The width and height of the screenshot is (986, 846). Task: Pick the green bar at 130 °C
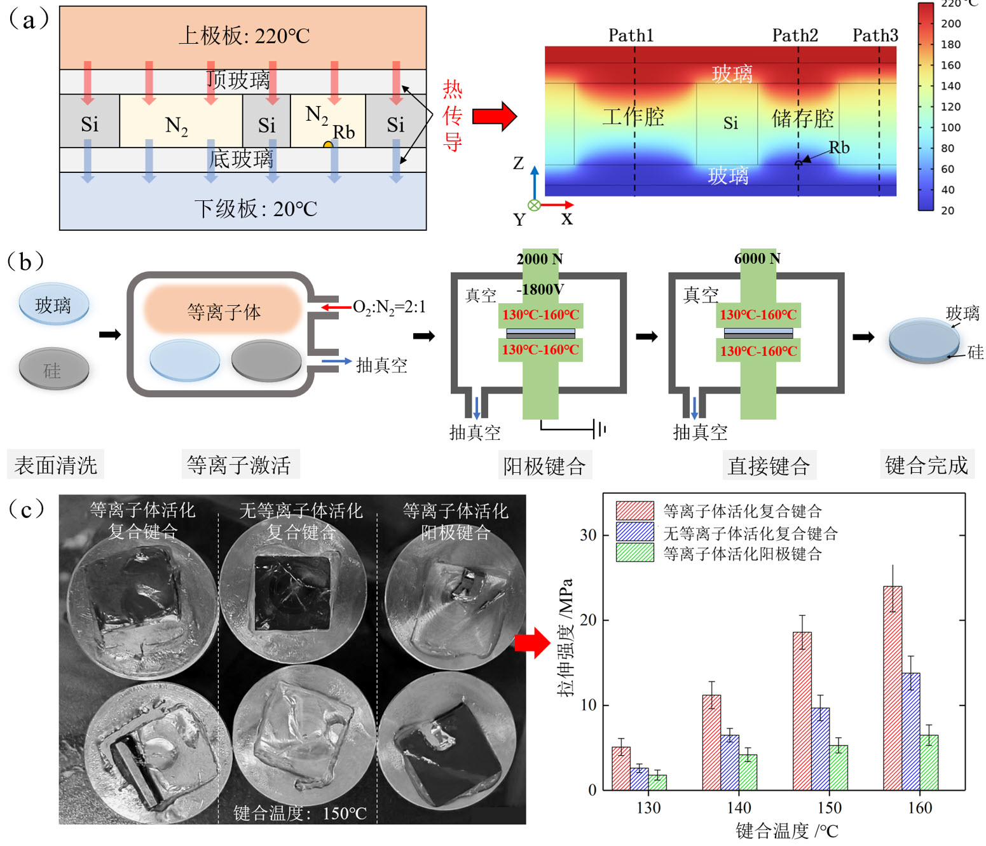pyautogui.click(x=657, y=782)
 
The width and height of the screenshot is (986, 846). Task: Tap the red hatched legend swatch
pyautogui.click(x=634, y=511)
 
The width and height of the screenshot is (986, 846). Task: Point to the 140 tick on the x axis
pyautogui.click(x=739, y=808)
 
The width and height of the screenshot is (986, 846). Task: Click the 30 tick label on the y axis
pyautogui.click(x=588, y=535)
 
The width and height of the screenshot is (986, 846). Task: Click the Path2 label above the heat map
pyautogui.click(x=795, y=36)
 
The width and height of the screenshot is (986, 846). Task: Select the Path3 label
pyautogui.click(x=875, y=36)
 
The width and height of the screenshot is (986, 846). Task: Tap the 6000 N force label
pyautogui.click(x=757, y=259)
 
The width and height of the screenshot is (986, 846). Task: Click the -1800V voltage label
pyautogui.click(x=540, y=290)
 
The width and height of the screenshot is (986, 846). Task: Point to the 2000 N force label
pyautogui.click(x=540, y=259)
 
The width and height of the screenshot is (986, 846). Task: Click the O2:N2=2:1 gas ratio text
pyautogui.click(x=389, y=307)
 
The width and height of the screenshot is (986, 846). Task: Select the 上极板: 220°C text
pyautogui.click(x=243, y=36)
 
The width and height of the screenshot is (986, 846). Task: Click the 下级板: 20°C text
pyautogui.click(x=256, y=208)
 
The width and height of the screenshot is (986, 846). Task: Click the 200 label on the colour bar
pyautogui.click(x=950, y=24)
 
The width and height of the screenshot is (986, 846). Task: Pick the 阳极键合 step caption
pyautogui.click(x=544, y=466)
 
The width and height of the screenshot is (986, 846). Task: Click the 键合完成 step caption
pyautogui.click(x=926, y=465)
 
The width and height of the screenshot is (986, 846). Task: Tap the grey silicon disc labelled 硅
pyautogui.click(x=54, y=369)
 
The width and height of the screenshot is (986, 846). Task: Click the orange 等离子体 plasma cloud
pyautogui.click(x=223, y=311)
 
